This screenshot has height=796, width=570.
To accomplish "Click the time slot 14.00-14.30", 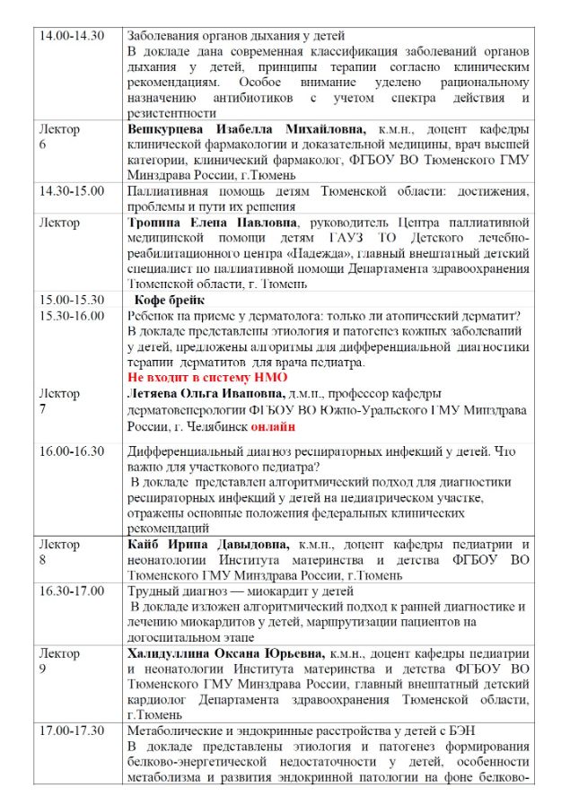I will (x=72, y=35).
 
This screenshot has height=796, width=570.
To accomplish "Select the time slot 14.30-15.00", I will (x=72, y=191).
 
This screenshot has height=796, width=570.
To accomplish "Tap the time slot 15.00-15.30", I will (x=72, y=300).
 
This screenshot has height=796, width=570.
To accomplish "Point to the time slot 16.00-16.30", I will (x=72, y=451).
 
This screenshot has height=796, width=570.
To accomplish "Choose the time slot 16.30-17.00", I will (x=72, y=591).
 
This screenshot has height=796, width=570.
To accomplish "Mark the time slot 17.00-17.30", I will (x=72, y=731).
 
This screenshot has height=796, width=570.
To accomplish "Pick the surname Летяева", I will (x=157, y=394).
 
